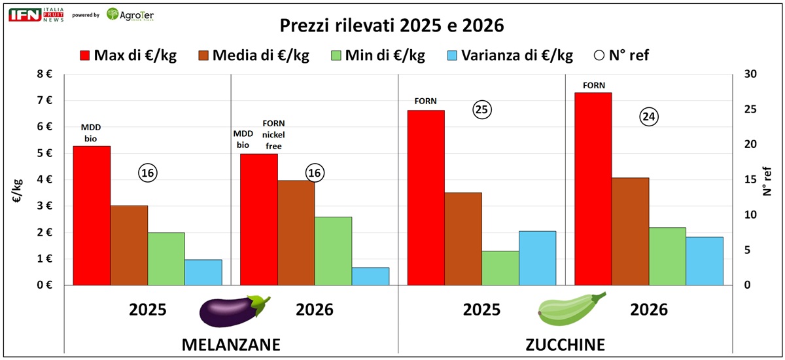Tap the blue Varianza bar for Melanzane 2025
coord(203,272)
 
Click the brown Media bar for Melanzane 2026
coord(296,232)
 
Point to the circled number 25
coord(482,110)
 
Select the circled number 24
coord(649,117)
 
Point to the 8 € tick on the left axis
coord(44,74)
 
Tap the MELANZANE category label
coord(231,344)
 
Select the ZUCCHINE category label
coord(566,344)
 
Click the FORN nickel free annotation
coord(273,134)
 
